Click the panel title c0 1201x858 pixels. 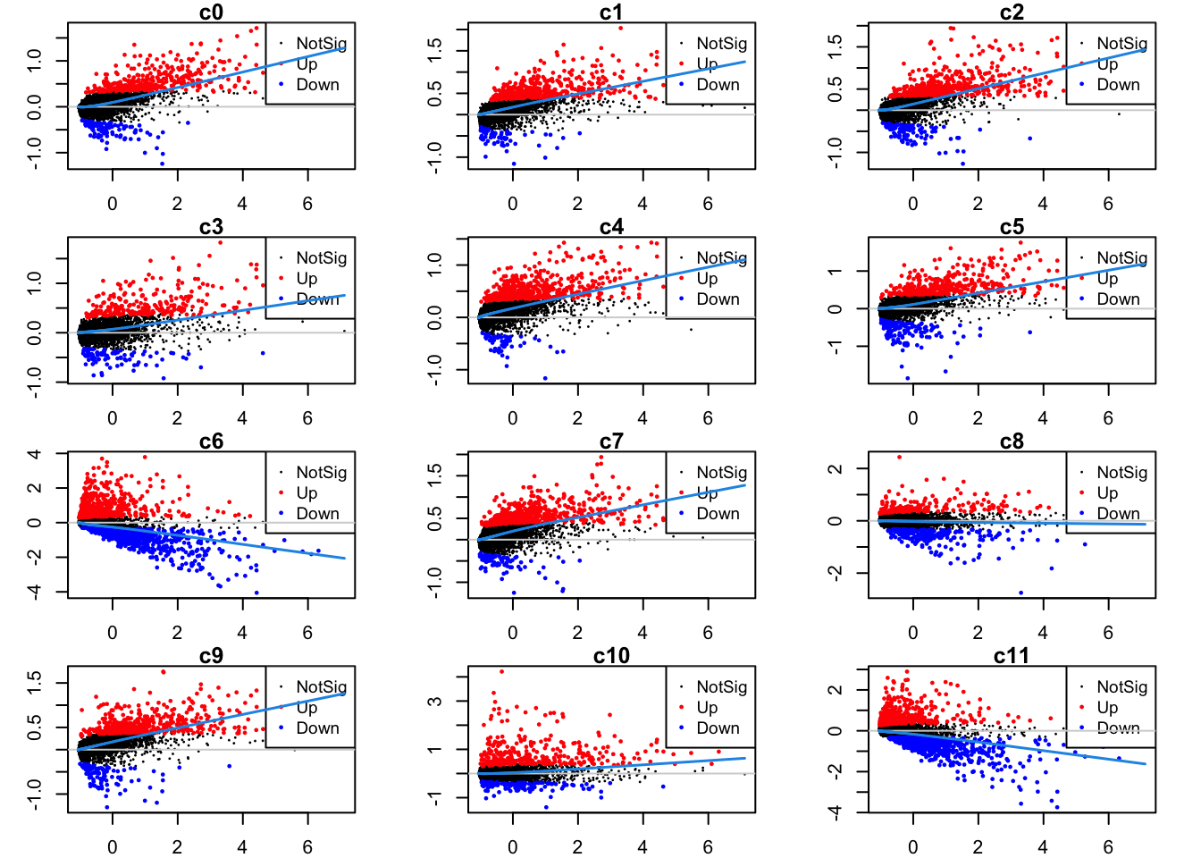(x=211, y=13)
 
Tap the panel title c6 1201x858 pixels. (x=211, y=442)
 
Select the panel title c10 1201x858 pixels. (x=611, y=656)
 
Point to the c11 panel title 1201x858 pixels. (x=1012, y=656)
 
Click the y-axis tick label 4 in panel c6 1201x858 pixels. (x=34, y=454)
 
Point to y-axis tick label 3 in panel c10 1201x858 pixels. (x=434, y=702)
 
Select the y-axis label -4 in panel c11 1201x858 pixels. (x=835, y=812)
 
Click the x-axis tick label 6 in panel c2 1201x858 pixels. (x=1108, y=204)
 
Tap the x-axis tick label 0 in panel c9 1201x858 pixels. (x=112, y=847)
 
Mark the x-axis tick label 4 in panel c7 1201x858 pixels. (x=642, y=633)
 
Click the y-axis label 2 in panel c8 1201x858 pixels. (x=835, y=468)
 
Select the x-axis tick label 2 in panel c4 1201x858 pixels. (x=577, y=418)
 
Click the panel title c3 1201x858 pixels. (x=211, y=227)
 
